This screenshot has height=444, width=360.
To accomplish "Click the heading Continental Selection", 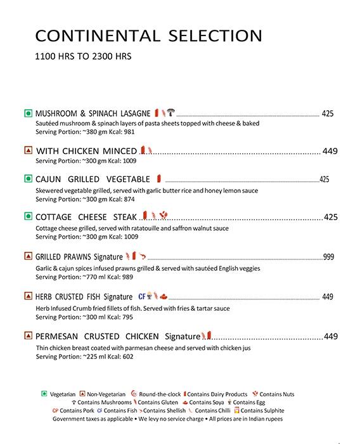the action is point(148,36).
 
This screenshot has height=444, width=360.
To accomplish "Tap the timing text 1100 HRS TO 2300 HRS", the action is point(83,56).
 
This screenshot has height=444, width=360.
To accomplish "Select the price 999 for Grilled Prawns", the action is point(328,257).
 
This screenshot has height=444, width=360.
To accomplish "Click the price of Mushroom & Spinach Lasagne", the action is point(327,114).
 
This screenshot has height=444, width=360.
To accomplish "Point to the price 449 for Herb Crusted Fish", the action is point(328,297).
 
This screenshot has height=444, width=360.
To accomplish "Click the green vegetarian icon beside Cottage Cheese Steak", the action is point(28,217).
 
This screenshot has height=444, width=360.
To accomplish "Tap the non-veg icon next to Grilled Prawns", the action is point(28,257).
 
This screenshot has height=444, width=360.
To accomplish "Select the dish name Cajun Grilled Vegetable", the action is point(93,180).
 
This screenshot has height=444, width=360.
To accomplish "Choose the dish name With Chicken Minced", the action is point(86,151).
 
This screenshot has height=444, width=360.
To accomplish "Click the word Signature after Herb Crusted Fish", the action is point(118,297).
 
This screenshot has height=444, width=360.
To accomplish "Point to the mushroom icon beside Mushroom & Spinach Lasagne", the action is point(171,113).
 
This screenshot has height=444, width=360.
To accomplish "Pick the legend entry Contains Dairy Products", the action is point(217,394).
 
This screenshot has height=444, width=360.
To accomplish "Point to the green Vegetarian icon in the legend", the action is point(44,394).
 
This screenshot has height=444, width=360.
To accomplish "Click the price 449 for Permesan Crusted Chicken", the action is point(331,337).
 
